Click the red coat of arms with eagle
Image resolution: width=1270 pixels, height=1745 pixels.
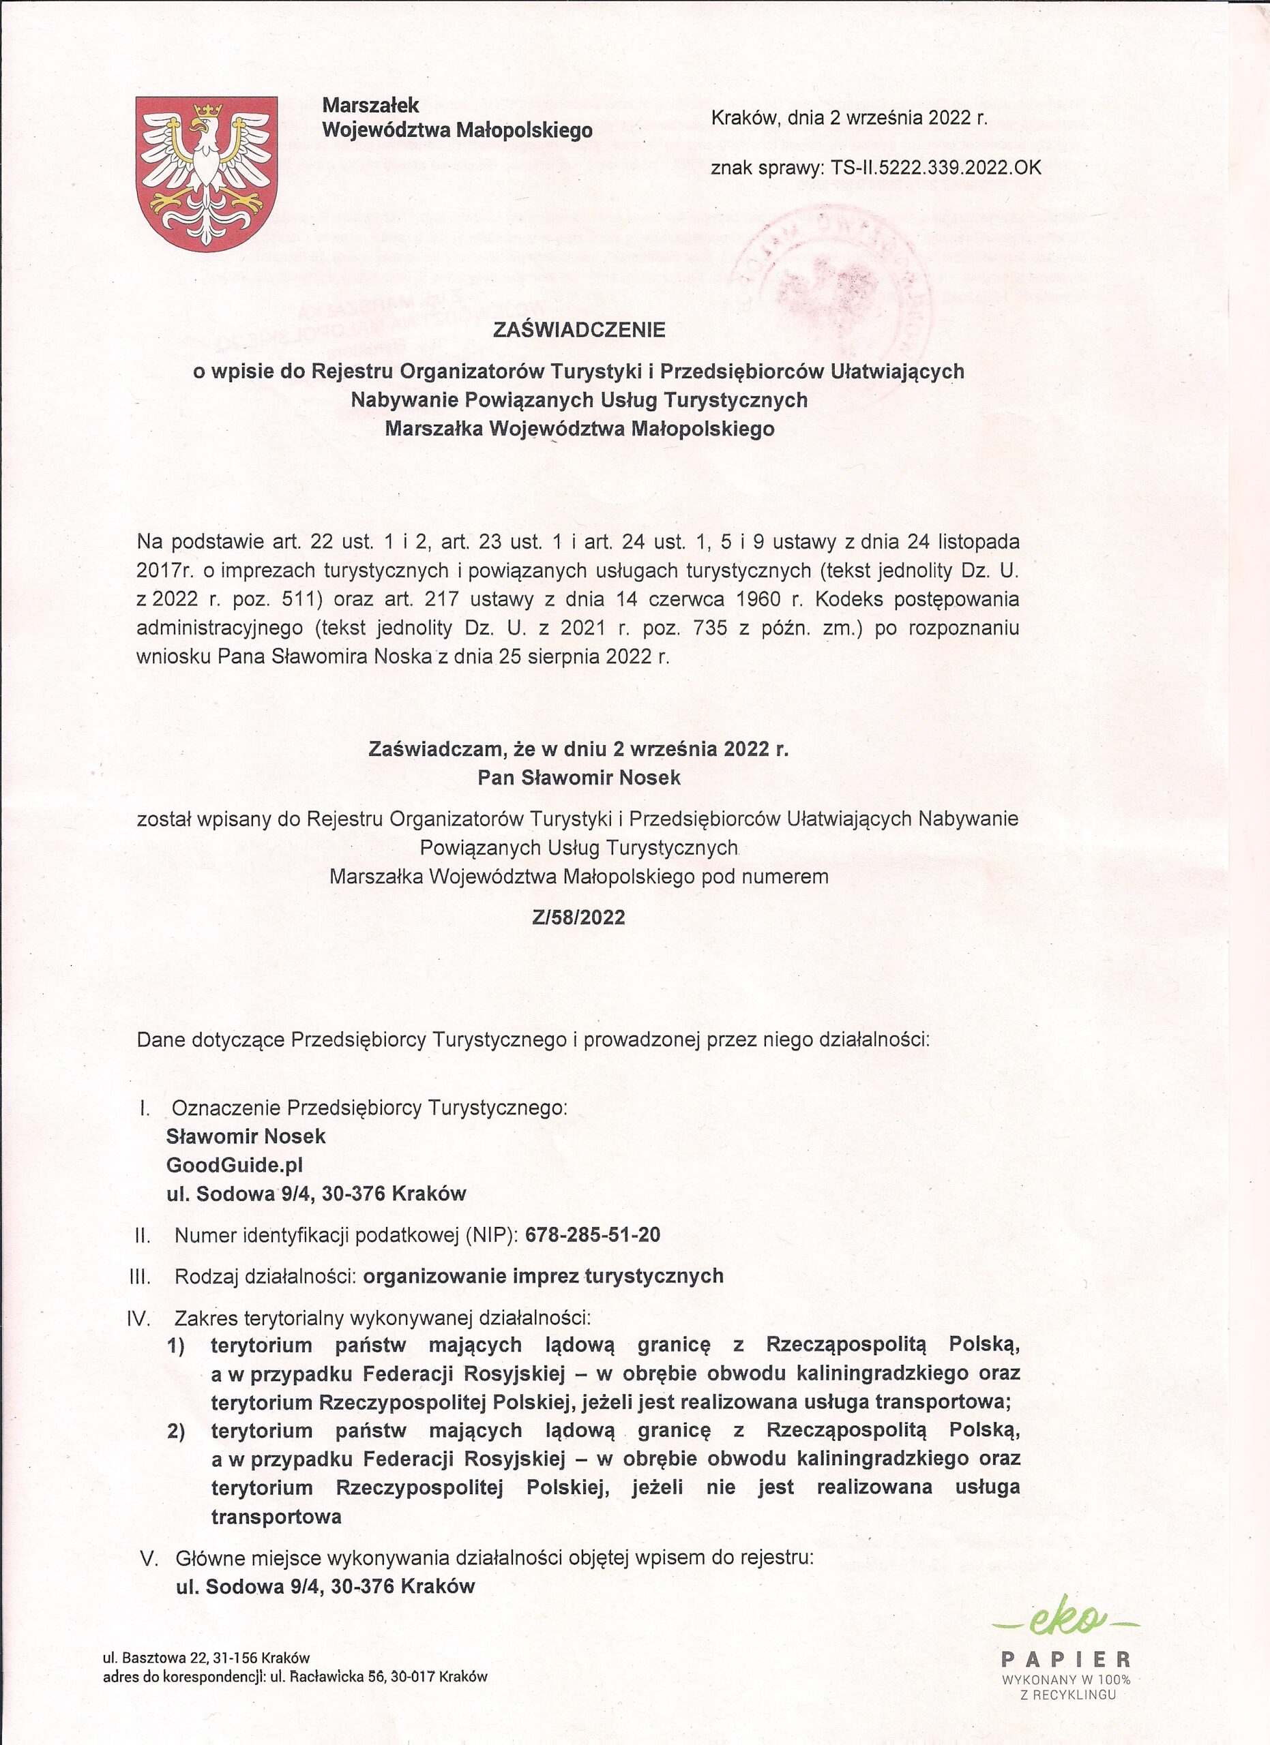point(205,174)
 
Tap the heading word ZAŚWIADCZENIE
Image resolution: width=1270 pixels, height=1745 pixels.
point(579,330)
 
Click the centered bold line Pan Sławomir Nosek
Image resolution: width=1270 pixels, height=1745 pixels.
point(579,778)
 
